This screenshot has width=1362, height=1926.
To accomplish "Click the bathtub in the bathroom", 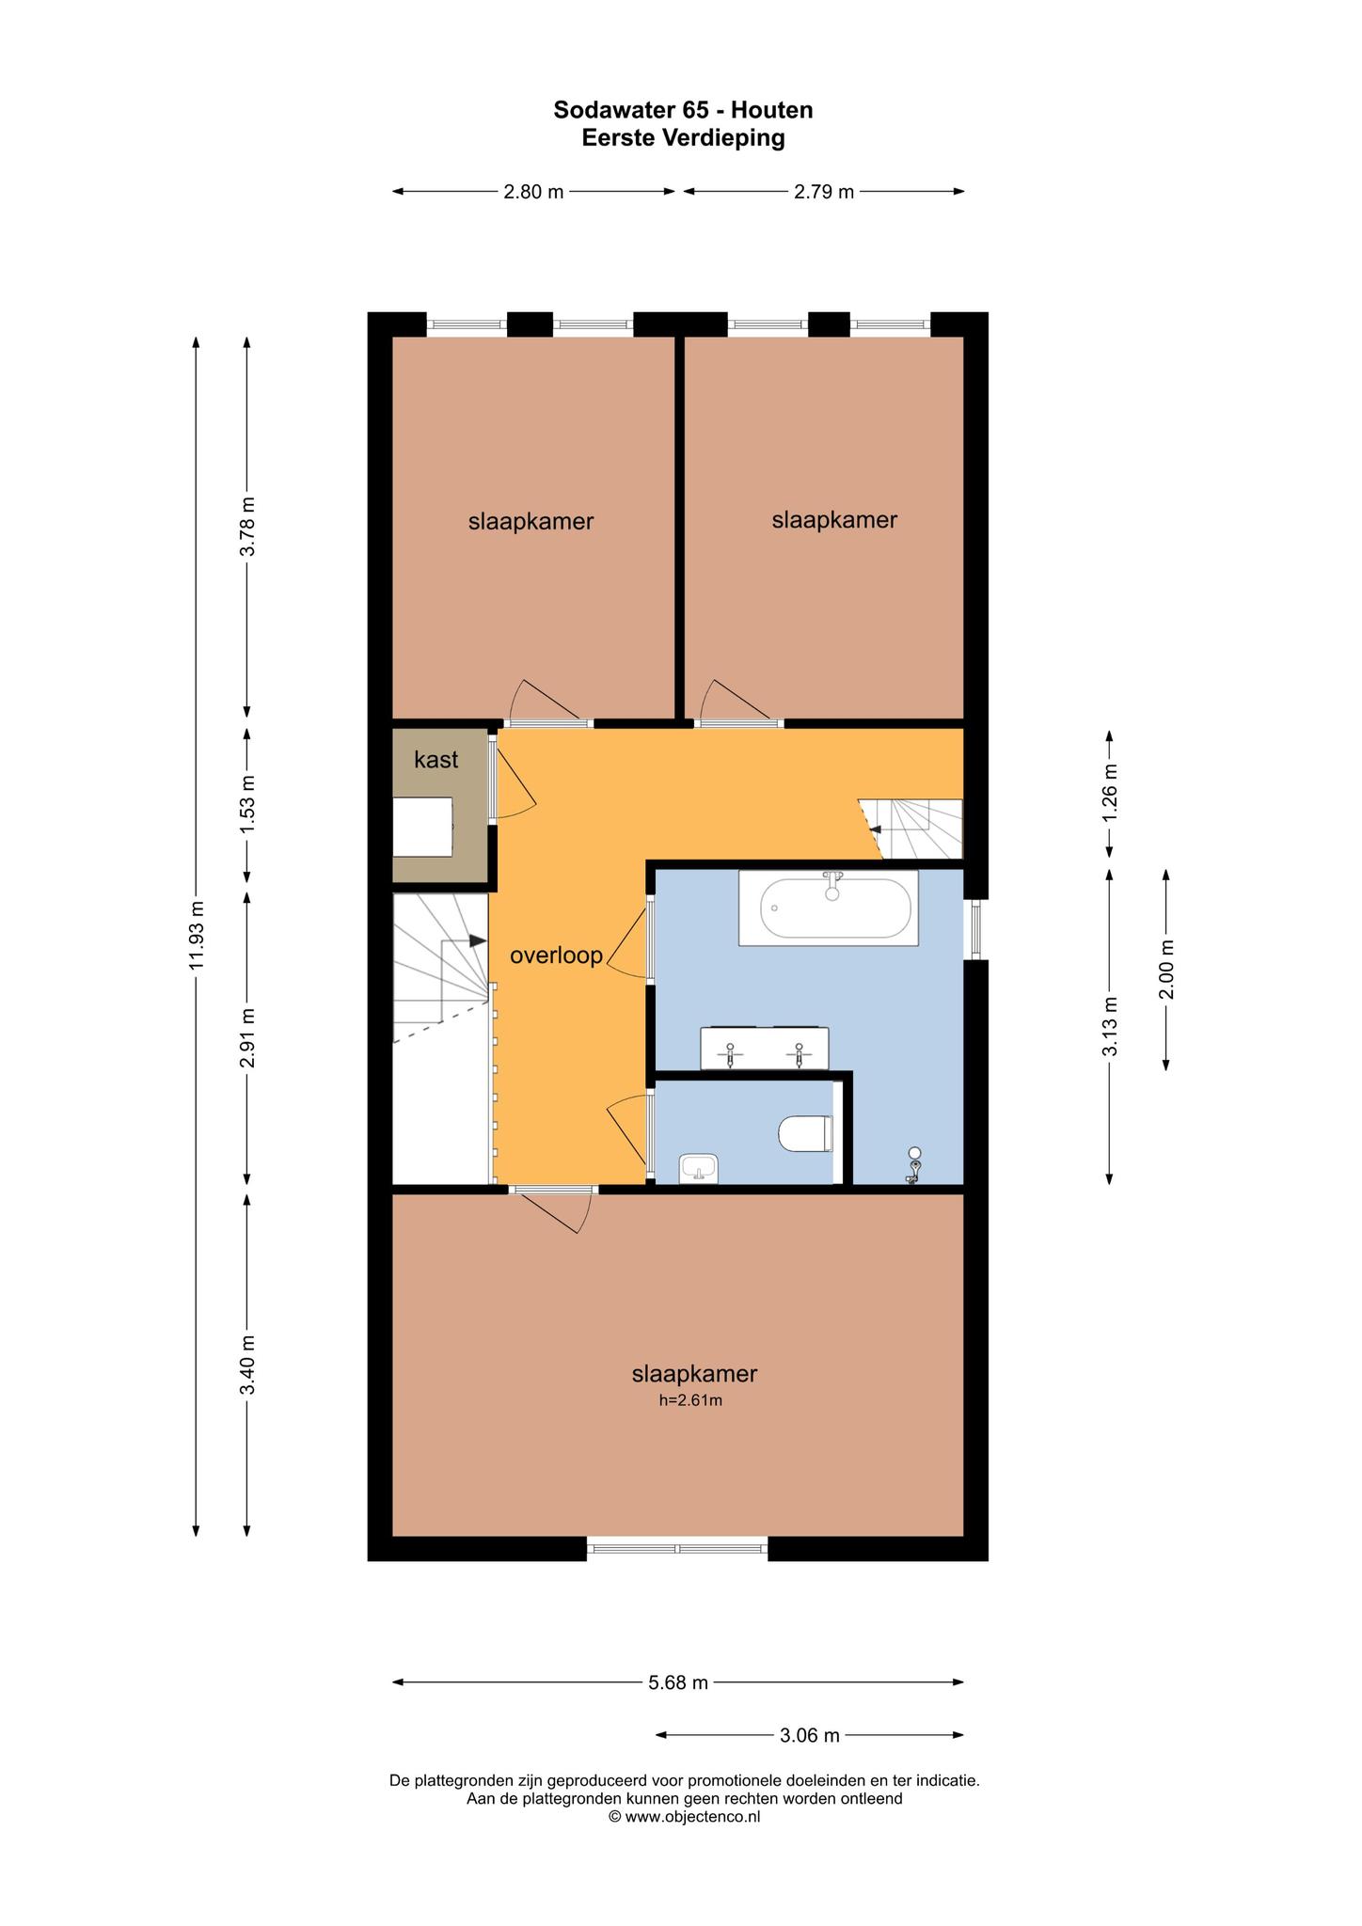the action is (x=828, y=908).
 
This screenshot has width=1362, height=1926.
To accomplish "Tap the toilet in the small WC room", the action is (x=806, y=1133).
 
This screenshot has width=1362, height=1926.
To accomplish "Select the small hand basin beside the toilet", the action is (x=699, y=1168).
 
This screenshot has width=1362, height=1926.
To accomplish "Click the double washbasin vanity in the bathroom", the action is (x=765, y=1049).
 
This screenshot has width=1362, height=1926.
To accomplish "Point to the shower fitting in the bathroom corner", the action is (x=914, y=1165).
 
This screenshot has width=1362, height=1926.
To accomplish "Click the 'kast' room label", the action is (x=436, y=760).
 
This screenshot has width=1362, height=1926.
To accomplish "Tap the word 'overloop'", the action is (x=556, y=956).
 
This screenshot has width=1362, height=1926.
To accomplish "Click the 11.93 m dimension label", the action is (x=197, y=936).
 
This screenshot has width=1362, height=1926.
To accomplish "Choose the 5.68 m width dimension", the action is (x=678, y=1682).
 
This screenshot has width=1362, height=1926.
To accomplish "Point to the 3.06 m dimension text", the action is (x=810, y=1735).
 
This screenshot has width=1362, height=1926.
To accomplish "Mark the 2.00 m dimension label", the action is (x=1166, y=970).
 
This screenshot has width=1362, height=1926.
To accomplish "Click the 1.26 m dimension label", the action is (x=1110, y=792).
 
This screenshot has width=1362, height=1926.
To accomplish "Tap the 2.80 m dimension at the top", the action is (x=533, y=192).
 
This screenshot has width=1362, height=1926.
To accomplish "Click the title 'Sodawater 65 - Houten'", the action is (x=683, y=110).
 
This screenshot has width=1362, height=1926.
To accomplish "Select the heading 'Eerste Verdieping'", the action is (x=683, y=138).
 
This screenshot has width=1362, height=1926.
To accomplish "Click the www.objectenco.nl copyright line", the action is (x=684, y=1817).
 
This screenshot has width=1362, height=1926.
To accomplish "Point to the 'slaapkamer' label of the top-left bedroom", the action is (x=531, y=522).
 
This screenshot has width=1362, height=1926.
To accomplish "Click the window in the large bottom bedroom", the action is (x=677, y=1544).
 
